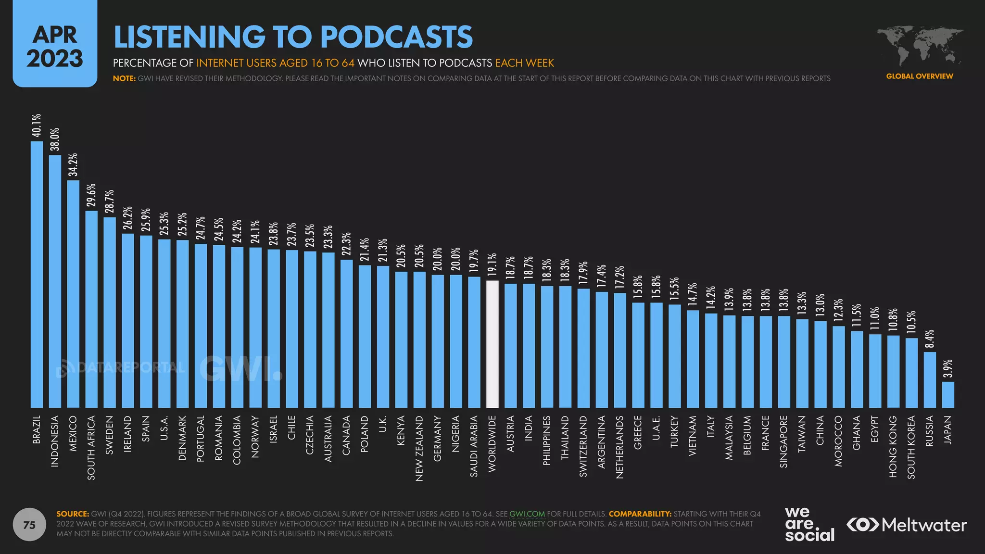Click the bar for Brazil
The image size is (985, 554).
click(37, 274)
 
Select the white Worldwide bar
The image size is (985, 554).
click(492, 344)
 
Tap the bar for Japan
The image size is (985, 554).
click(948, 395)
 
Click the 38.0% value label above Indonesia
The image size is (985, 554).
click(55, 139)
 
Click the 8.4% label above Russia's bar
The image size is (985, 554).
click(930, 339)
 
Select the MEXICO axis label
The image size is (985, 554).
click(73, 434)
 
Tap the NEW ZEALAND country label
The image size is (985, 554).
click(419, 448)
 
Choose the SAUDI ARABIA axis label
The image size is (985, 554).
click(474, 446)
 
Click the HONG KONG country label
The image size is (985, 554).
click(893, 447)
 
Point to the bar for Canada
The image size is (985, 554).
click(346, 334)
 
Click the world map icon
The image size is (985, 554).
click(919, 46)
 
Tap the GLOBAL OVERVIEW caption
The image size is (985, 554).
click(919, 76)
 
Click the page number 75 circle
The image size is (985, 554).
click(29, 525)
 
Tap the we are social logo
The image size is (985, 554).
click(809, 525)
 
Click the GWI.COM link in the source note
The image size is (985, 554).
click(527, 514)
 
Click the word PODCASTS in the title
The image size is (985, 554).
click(396, 37)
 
